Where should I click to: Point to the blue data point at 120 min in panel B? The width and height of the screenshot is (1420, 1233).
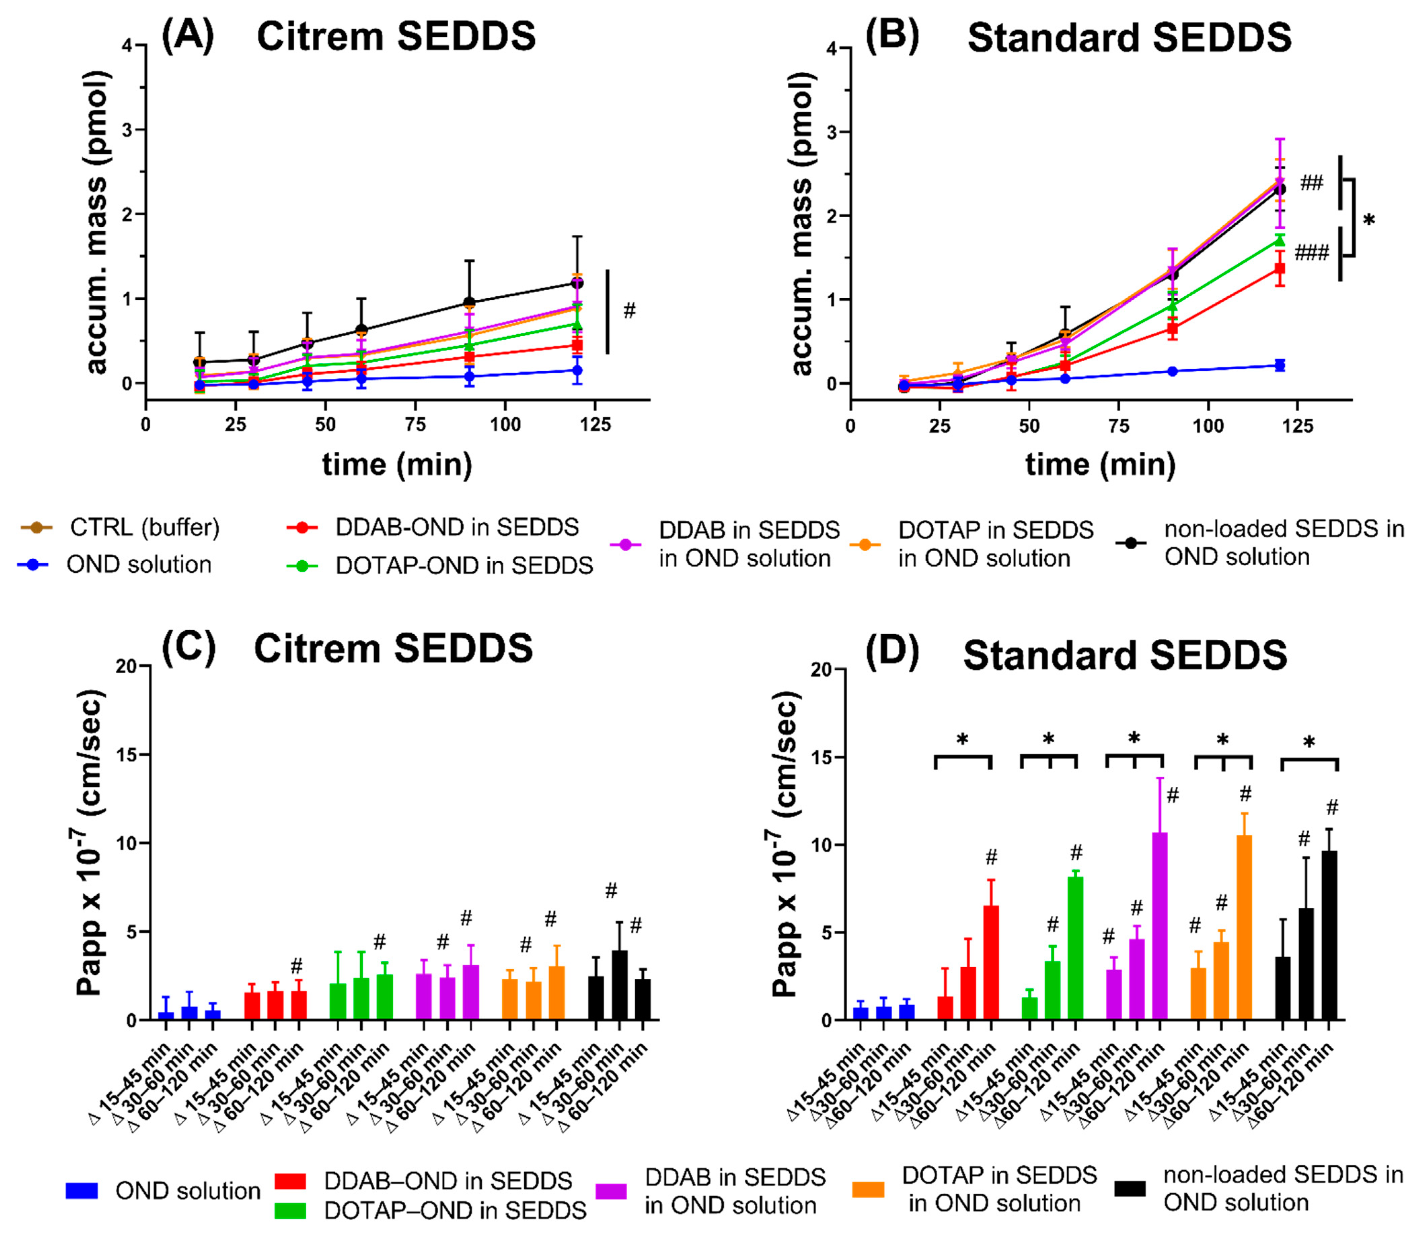click(x=1280, y=365)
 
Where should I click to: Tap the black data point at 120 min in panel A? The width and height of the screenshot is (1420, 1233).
click(x=576, y=283)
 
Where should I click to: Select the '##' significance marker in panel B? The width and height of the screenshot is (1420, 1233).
click(x=1311, y=183)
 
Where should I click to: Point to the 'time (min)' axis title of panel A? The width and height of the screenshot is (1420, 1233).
click(x=397, y=464)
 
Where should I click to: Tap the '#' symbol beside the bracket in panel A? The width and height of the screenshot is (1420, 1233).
click(x=629, y=311)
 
